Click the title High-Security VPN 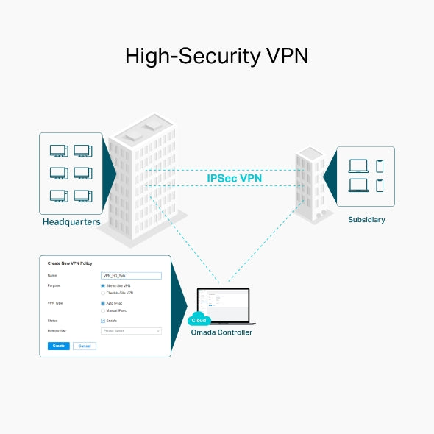point(217,57)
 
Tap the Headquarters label point(71,221)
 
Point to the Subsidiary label point(366,219)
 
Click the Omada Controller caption point(221,332)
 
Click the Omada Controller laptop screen point(224,304)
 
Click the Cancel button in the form point(85,346)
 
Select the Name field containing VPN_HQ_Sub point(131,275)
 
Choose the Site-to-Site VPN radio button point(102,285)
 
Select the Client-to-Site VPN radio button point(102,293)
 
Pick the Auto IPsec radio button point(102,303)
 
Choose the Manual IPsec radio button point(102,310)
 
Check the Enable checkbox point(102,321)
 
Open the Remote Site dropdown point(131,331)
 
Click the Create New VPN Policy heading point(71,263)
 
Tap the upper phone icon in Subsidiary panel point(380,166)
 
